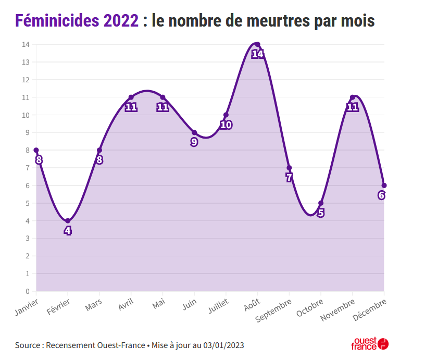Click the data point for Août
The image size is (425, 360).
pos(257,44)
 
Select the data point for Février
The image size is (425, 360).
pos(68,221)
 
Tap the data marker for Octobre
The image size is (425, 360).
pos(321,203)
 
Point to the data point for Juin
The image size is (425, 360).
pos(194,132)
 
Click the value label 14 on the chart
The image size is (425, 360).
pos(257,54)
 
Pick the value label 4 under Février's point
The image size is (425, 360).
pos(68,230)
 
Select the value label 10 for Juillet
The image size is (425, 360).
pos(226,125)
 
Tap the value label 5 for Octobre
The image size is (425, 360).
pos(321,213)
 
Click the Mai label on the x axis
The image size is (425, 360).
pos(159,303)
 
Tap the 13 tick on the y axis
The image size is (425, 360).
pos(26,62)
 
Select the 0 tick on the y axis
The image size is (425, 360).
pos(27,291)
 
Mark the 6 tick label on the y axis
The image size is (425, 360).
pos(27,185)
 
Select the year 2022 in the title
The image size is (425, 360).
pos(121,21)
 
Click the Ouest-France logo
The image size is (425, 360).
pos(370,343)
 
